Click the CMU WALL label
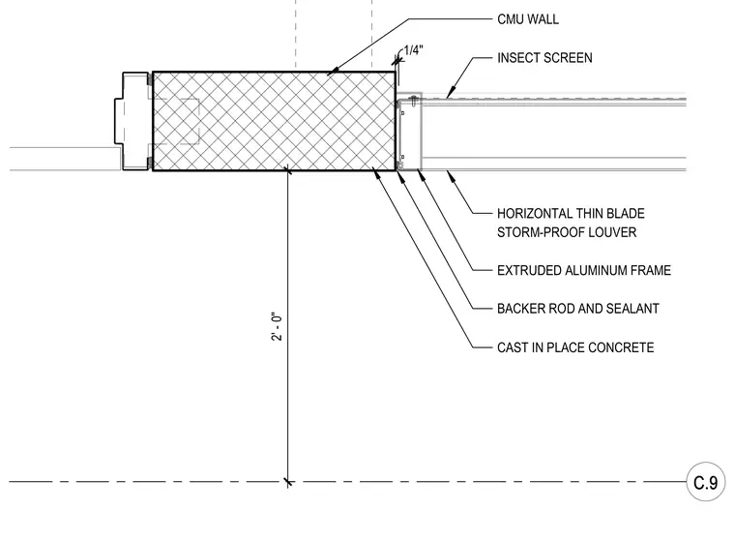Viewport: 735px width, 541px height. tap(528, 19)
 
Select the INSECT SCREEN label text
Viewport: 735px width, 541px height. tap(544, 58)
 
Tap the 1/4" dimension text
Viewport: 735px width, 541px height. tap(414, 50)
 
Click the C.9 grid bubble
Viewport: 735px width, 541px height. tap(705, 482)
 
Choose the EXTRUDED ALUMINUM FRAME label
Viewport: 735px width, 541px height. tap(584, 271)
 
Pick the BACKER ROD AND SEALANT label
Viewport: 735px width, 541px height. tap(578, 309)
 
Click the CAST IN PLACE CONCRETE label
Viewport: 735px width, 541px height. tap(575, 347)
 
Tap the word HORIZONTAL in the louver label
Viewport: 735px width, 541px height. tap(535, 214)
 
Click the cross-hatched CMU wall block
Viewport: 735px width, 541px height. tap(275, 121)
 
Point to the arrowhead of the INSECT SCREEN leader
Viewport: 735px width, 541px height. tap(450, 94)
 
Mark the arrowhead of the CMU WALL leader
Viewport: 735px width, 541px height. tap(331, 73)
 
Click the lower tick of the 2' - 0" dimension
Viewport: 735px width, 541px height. tap(288, 482)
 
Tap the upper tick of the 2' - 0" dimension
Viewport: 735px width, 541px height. tap(288, 170)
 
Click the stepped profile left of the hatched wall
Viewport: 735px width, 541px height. tap(132, 121)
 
